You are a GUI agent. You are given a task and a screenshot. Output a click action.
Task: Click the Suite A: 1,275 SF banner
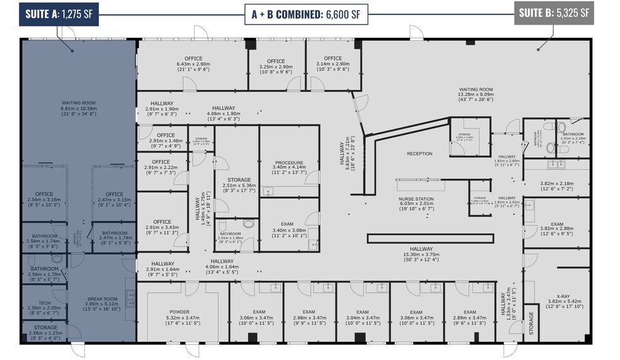(59, 13)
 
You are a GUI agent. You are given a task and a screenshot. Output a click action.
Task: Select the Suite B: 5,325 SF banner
(554, 13)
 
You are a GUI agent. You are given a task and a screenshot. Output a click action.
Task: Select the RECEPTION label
(419, 153)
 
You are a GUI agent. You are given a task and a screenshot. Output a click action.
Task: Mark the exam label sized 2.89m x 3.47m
(469, 317)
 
